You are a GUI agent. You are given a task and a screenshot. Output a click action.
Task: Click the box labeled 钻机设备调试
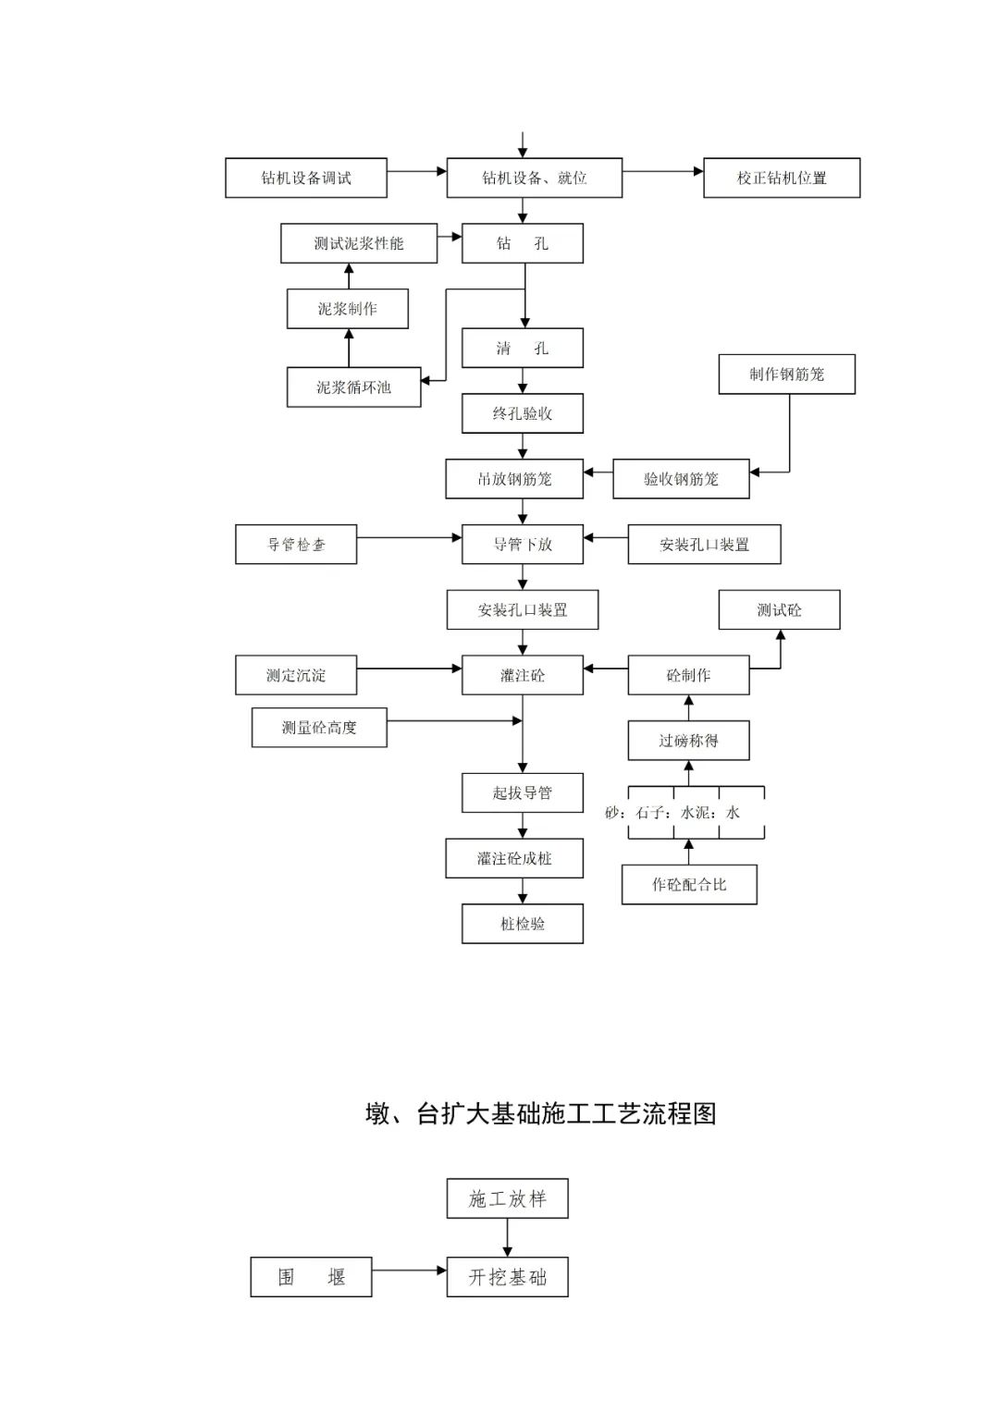pyautogui.click(x=305, y=178)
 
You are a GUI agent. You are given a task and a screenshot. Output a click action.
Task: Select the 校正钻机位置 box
pyautogui.click(x=782, y=178)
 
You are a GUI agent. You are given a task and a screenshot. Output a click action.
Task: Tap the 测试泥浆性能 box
pyautogui.click(x=359, y=243)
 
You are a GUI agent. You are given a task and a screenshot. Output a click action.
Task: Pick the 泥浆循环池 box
pyautogui.click(x=353, y=387)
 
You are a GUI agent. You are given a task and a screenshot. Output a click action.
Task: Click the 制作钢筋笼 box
pyautogui.click(x=786, y=374)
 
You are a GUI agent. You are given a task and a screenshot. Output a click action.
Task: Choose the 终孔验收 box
pyautogui.click(x=523, y=413)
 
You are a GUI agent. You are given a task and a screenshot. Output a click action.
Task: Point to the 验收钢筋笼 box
pyautogui.click(x=681, y=479)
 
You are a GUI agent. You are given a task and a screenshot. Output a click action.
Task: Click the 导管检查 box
pyautogui.click(x=296, y=545)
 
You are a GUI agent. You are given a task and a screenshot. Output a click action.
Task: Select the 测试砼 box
pyautogui.click(x=779, y=610)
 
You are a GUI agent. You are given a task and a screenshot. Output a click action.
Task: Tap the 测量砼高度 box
pyautogui.click(x=319, y=728)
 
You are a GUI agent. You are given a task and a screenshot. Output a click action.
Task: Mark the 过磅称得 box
pyautogui.click(x=688, y=741)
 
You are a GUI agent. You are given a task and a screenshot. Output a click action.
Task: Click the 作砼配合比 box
pyautogui.click(x=689, y=885)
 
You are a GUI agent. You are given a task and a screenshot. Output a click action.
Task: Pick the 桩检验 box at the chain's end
pyautogui.click(x=523, y=924)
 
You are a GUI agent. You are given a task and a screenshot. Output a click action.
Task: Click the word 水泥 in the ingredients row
pyautogui.click(x=696, y=813)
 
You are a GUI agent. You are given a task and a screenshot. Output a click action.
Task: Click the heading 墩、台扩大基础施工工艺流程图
pyautogui.click(x=541, y=1113)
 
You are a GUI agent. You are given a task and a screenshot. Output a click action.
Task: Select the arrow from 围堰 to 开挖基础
pyautogui.click(x=409, y=1271)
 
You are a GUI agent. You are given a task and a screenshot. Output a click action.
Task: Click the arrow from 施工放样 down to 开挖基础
pyautogui.click(x=507, y=1237)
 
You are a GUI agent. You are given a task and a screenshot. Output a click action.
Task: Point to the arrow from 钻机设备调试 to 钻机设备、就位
pyautogui.click(x=416, y=171)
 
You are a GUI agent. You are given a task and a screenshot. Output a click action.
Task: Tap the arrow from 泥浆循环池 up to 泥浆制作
pyautogui.click(x=349, y=348)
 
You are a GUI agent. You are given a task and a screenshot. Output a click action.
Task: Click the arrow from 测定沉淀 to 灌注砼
pyautogui.click(x=409, y=668)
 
